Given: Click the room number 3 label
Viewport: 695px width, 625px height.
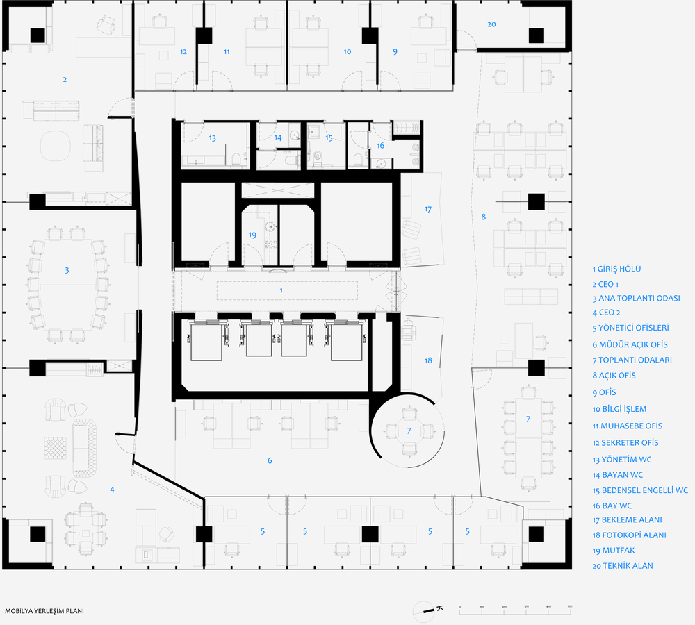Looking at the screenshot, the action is click(67, 270).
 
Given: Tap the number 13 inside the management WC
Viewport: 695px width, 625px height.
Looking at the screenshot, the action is click(212, 138).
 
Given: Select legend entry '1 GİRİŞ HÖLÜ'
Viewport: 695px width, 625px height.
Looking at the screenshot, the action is click(616, 269).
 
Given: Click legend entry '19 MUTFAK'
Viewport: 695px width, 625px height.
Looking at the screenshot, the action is click(614, 551).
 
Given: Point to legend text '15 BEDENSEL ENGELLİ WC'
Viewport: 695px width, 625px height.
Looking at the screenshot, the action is click(640, 490).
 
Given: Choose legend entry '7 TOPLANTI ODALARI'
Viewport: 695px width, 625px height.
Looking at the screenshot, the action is click(632, 360).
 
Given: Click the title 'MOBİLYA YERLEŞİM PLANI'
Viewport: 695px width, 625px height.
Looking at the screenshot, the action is click(44, 611).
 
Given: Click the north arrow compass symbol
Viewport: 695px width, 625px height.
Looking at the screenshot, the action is click(427, 611).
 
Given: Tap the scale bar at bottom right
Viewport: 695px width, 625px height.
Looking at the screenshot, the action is click(515, 611).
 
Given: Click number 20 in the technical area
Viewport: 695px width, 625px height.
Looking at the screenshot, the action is click(491, 24).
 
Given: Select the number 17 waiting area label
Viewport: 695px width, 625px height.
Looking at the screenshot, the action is click(427, 209).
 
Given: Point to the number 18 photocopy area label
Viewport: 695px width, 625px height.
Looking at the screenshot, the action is click(428, 360).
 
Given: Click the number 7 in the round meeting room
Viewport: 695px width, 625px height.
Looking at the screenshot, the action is click(409, 431).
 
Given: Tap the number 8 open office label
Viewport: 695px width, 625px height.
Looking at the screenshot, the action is click(484, 217).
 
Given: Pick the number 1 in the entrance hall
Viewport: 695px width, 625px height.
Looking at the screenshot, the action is click(281, 290).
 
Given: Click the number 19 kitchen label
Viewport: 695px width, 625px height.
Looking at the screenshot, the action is click(252, 235).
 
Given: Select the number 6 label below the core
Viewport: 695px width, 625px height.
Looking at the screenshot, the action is click(270, 460).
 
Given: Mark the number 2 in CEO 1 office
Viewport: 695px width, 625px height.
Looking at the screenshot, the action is click(65, 80).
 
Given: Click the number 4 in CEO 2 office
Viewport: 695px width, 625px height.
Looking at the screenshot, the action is click(112, 490).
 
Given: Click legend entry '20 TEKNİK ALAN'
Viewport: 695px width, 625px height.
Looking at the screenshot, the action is click(623, 566).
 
